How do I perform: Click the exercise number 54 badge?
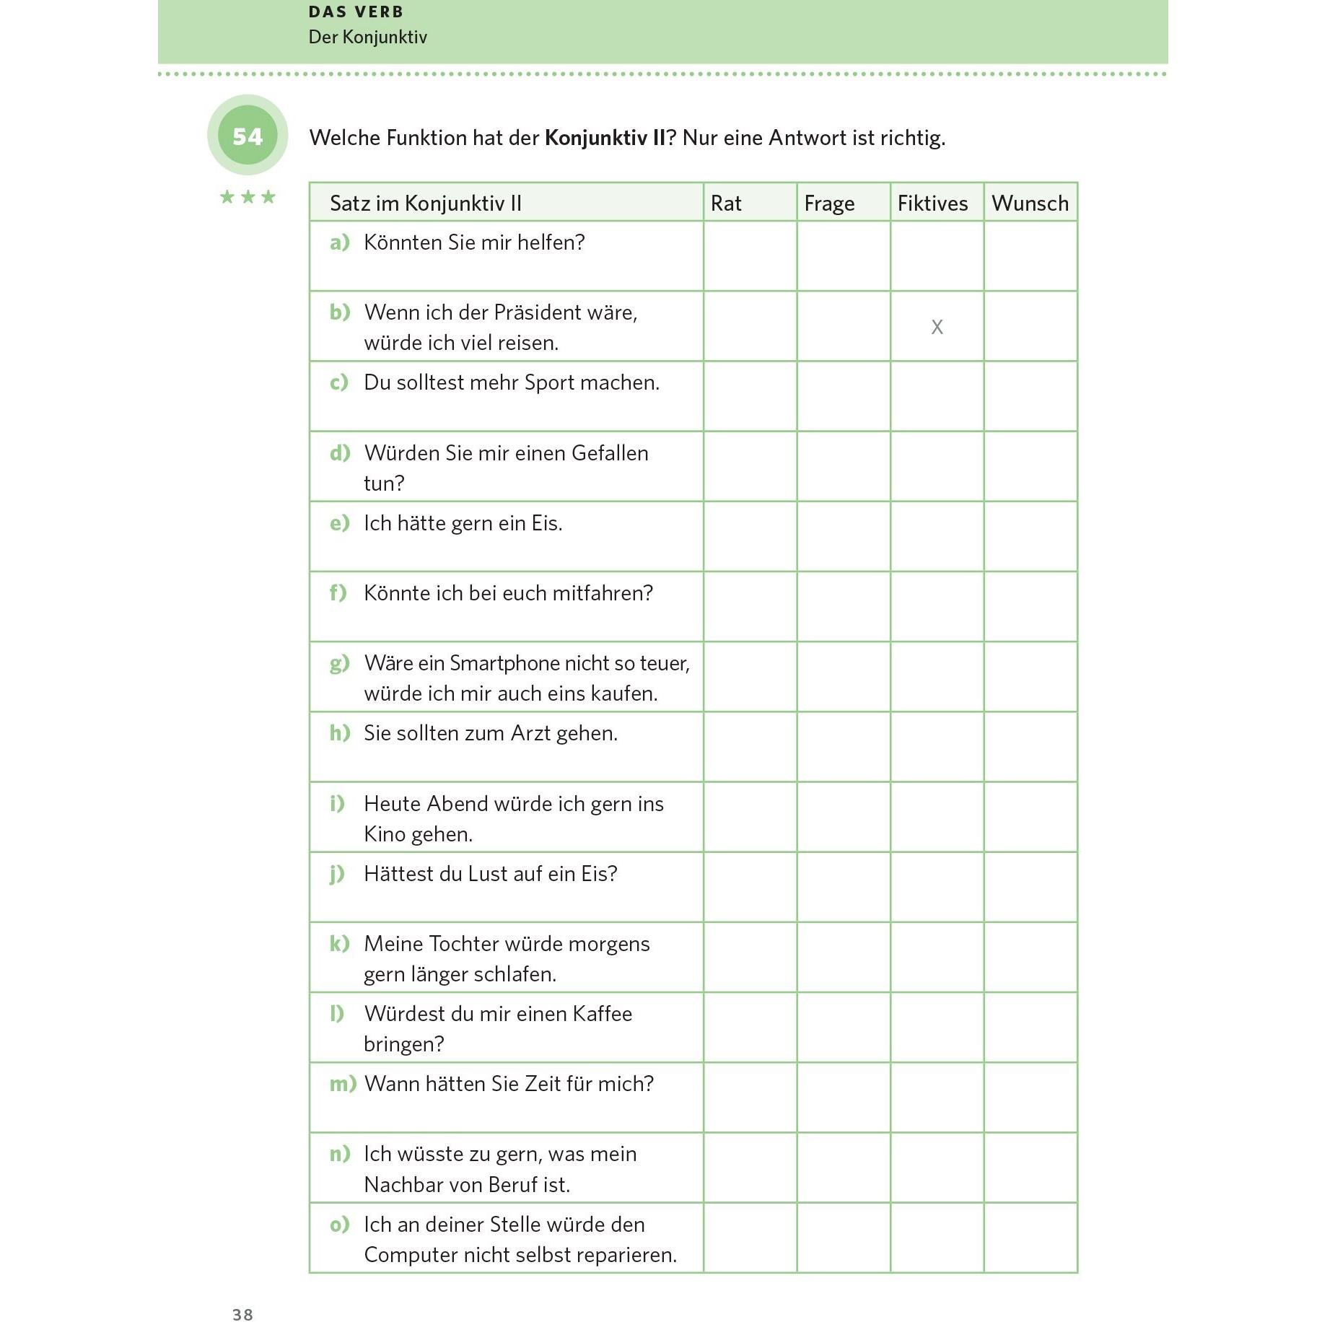coord(248,136)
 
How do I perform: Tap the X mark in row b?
coord(937,327)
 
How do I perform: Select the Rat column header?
coord(726,203)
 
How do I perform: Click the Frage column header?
coord(829,203)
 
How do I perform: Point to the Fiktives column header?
coord(932,203)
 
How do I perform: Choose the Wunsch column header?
coord(1030,203)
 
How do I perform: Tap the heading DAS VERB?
coord(356,12)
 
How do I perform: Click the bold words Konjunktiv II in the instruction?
coord(605,138)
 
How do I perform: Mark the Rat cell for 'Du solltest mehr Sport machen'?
coord(750,396)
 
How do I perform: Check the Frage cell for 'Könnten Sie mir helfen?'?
coord(844,256)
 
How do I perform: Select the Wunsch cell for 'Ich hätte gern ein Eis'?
coord(1030,536)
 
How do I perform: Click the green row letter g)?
coord(339,663)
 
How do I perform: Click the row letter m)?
coord(343,1084)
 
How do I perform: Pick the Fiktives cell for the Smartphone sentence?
coord(937,677)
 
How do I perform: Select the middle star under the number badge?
coord(248,197)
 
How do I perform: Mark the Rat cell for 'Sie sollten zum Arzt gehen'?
coord(750,747)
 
